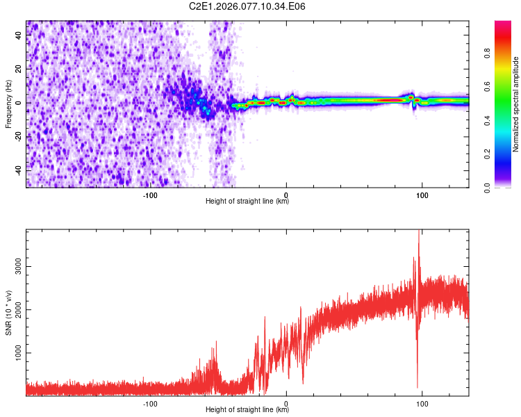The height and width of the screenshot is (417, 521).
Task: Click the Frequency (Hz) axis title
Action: point(8,104)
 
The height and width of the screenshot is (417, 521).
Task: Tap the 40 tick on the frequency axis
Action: point(19,36)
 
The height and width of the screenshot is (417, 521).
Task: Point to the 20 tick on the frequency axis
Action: point(19,69)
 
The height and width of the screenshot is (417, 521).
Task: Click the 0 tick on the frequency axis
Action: point(19,103)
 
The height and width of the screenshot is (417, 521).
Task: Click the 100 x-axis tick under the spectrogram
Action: point(422,195)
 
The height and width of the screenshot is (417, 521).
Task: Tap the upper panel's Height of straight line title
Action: point(247,202)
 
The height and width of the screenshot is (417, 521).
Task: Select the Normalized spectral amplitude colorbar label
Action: point(516,104)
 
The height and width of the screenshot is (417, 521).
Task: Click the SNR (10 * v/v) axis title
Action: point(8,312)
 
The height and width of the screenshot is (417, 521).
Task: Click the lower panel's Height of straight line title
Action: point(247,410)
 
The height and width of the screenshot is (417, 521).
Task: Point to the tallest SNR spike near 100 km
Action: point(418,234)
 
